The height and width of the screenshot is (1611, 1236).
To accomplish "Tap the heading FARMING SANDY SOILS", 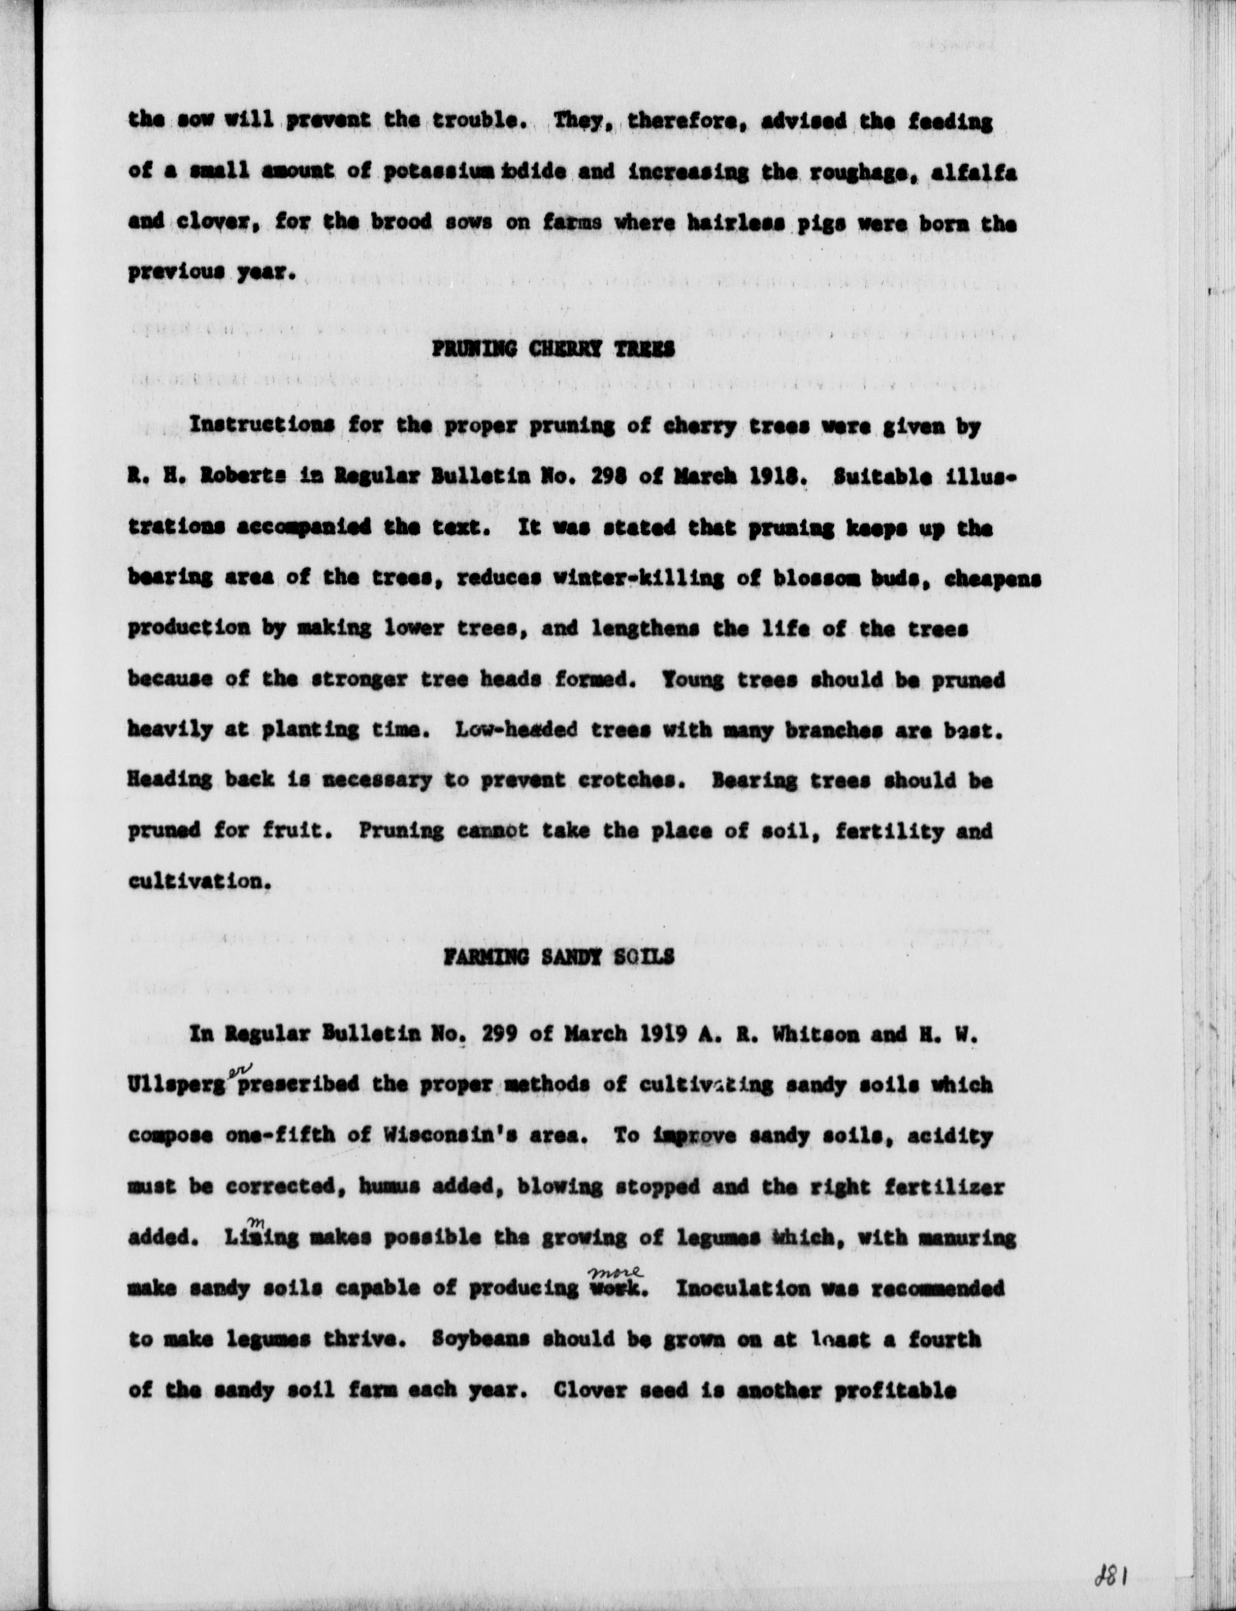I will (558, 956).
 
